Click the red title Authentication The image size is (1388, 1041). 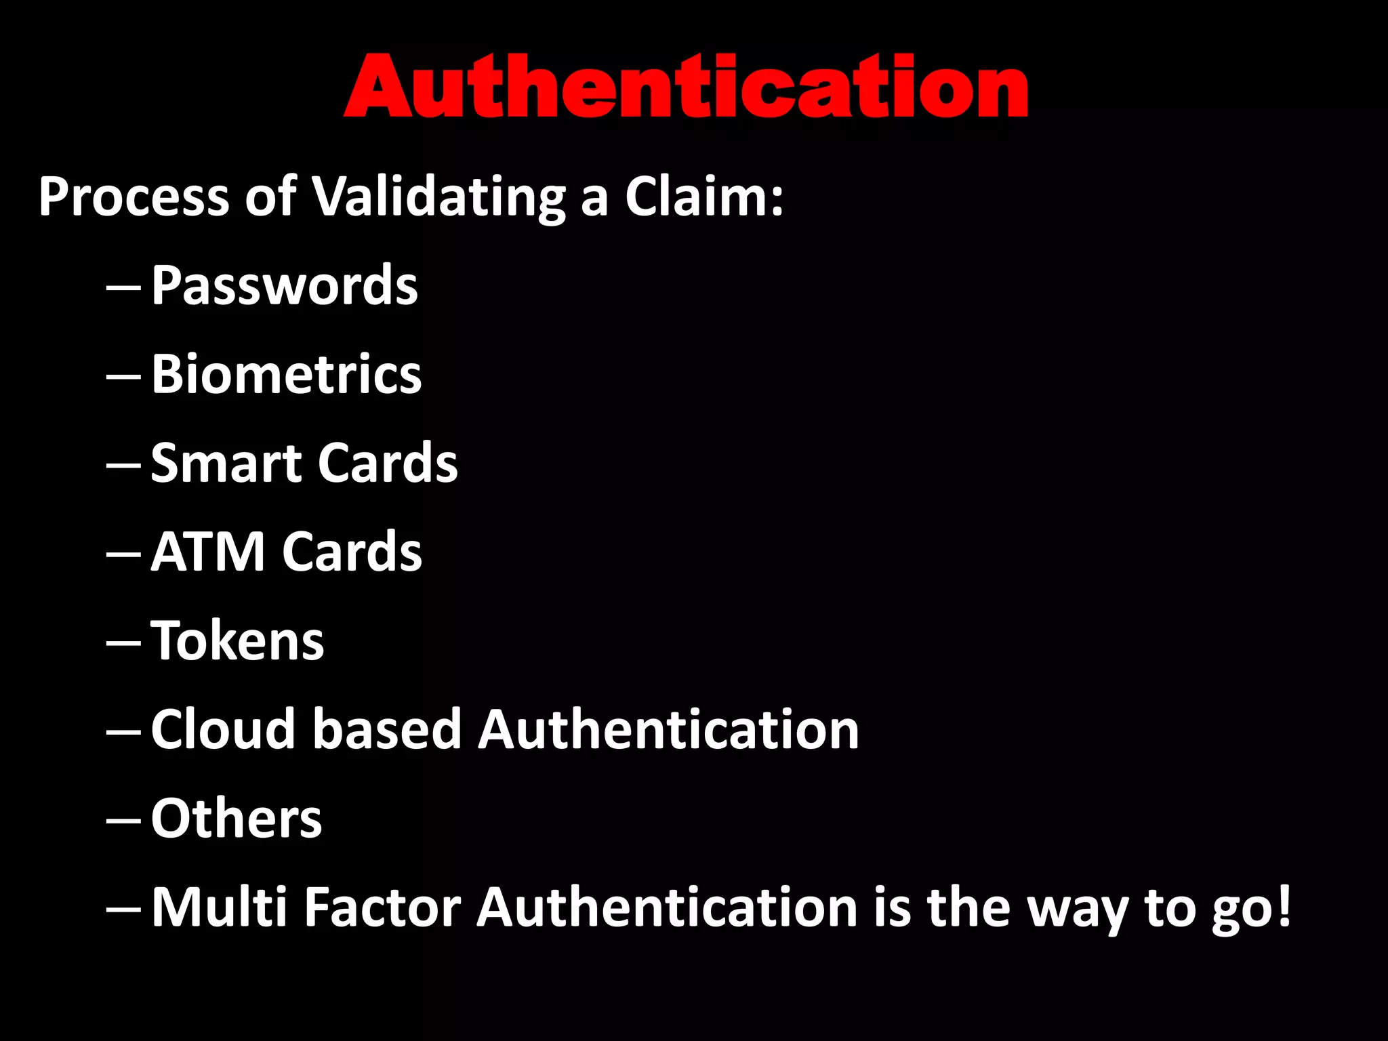pos(686,87)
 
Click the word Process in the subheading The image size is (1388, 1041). pos(134,197)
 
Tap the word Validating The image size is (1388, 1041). pos(438,197)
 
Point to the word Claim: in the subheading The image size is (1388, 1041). pos(704,197)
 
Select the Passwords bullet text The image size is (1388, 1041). pos(284,285)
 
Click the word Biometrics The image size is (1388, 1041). pos(286,374)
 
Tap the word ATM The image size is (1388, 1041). pos(207,552)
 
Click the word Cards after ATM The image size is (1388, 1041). pos(352,552)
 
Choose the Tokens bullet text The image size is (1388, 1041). pos(237,640)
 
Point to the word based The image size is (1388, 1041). pos(387,729)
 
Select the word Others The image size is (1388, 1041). pos(236,818)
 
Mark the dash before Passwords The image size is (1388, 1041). pos(123,288)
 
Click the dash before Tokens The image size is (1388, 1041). pos(123,643)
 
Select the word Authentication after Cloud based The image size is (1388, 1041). pos(668,729)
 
